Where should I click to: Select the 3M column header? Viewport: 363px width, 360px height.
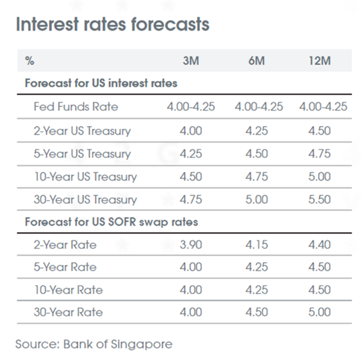191,60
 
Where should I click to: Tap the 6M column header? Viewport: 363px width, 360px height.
256,60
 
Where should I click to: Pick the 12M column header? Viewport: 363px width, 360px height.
320,60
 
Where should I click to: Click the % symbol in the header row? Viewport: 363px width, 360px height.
29,61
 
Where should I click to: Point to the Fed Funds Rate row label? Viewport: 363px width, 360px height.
76,107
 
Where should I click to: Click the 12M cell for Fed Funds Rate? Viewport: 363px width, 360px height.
323,107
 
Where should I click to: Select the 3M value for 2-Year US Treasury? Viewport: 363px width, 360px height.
191,131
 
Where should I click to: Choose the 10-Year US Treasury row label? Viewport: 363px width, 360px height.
85,177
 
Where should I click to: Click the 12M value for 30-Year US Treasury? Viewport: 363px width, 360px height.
320,200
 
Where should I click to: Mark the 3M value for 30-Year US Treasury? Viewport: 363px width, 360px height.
191,200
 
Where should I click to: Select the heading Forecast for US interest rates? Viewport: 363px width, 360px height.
101,84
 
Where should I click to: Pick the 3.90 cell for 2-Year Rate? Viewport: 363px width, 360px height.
191,245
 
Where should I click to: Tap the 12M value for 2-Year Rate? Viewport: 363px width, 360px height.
320,245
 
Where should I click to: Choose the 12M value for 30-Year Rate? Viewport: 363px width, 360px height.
320,312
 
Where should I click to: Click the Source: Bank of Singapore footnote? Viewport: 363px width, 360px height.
94,343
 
